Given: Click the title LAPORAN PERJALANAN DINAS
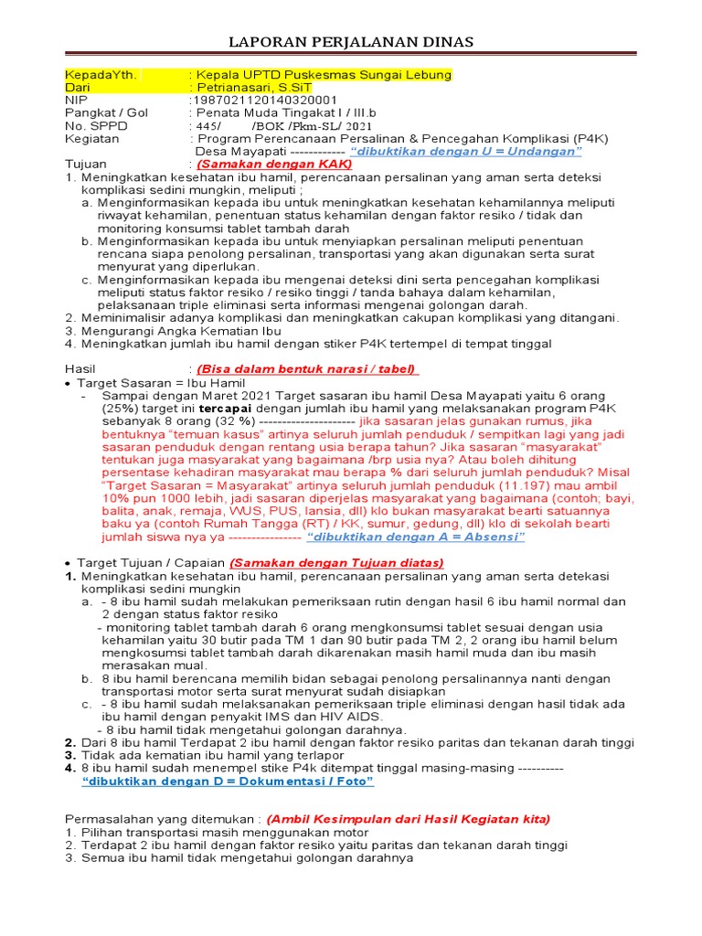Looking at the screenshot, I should click(x=351, y=43).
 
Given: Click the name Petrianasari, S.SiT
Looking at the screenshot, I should click(x=260, y=88).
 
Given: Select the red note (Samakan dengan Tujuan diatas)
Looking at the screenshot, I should click(x=336, y=563).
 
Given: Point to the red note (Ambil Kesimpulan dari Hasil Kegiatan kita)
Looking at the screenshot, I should click(x=409, y=819).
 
